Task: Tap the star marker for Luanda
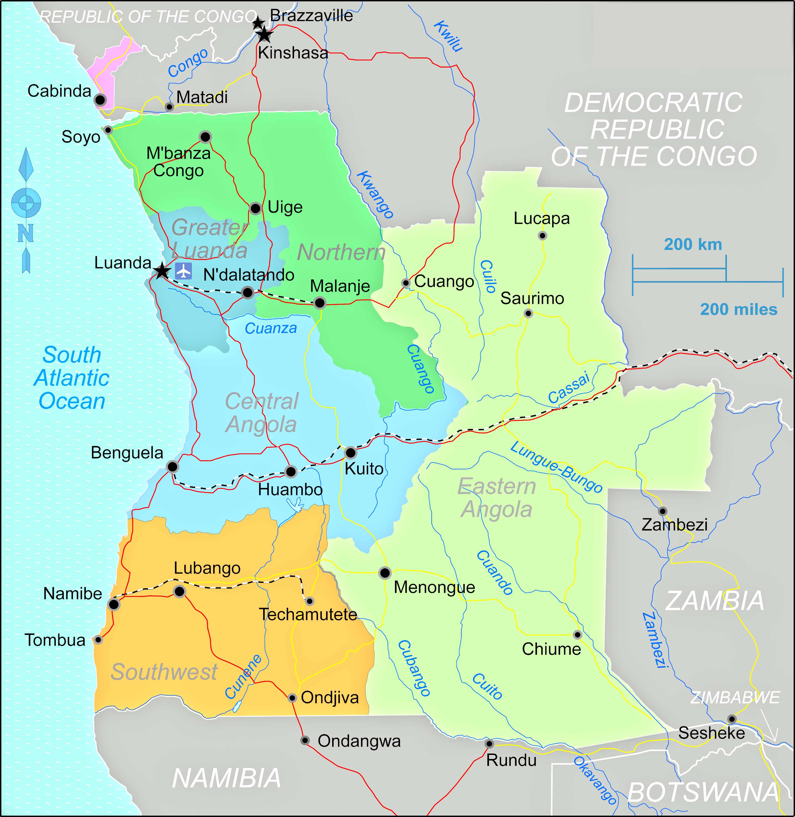point(162,271)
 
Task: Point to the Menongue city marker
point(385,573)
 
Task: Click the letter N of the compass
point(26,233)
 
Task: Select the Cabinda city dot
point(100,100)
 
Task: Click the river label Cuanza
point(271,328)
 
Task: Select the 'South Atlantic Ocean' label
point(72,378)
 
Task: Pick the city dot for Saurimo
point(528,313)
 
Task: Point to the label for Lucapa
point(541,218)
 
